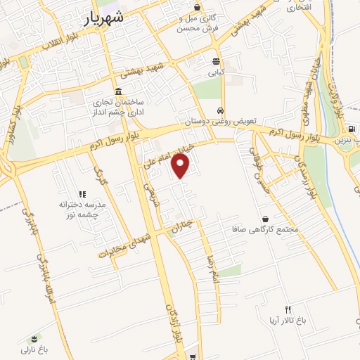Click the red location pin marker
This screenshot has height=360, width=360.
[181, 166]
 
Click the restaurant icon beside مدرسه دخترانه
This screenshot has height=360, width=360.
[82, 193]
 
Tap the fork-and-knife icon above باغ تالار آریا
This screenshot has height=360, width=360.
[288, 309]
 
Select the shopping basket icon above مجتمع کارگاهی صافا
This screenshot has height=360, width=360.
[265, 219]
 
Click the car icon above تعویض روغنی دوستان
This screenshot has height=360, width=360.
[221, 111]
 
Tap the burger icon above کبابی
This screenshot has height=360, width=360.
[215, 60]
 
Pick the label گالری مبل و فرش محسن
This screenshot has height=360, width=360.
[198, 22]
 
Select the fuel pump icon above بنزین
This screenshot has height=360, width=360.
[351, 129]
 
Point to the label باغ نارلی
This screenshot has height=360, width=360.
[32, 349]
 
